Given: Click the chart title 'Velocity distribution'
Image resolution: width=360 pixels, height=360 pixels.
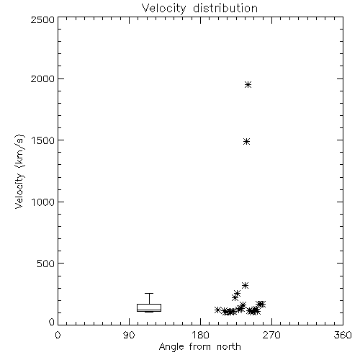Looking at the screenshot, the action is tap(199, 8).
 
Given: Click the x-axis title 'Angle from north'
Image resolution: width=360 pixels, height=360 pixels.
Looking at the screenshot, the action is tap(199, 347).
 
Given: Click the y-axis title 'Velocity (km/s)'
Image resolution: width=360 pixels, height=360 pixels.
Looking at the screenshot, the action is tap(19, 171).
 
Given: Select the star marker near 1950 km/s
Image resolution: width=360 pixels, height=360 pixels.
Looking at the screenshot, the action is tap(248, 84).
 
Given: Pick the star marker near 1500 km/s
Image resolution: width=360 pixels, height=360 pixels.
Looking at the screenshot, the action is tap(246, 142).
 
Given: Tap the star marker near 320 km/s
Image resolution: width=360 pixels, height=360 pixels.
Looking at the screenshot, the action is tap(245, 285).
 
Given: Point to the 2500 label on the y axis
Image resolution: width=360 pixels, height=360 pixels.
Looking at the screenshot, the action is tap(42, 19).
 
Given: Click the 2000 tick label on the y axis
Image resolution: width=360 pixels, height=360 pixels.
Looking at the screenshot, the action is tap(42, 78).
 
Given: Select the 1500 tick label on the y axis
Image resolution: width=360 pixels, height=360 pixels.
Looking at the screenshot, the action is tap(43, 140).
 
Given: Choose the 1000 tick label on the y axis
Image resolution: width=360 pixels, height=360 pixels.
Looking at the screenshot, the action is tap(43, 202).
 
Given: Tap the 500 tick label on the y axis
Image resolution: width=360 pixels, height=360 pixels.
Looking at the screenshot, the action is tap(46, 264).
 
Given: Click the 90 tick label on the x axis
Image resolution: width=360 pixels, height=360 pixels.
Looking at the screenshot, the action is tap(129, 335).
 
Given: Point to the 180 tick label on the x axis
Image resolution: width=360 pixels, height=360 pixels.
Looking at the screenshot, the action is tap(200, 335).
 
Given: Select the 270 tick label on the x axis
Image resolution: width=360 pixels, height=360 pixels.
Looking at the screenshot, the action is tap(271, 335).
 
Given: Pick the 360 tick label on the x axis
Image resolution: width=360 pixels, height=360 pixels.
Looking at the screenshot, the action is tap(343, 335).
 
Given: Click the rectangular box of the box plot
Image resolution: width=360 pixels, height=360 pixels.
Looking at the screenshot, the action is tap(149, 305).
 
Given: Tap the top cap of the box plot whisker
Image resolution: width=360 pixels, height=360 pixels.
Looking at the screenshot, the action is tap(149, 293).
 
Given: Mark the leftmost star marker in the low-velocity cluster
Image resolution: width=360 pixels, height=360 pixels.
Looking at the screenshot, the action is tap(217, 310).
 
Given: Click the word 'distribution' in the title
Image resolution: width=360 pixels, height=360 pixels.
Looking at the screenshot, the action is tap(225, 8).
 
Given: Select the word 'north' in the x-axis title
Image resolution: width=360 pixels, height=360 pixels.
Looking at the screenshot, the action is tap(229, 347).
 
